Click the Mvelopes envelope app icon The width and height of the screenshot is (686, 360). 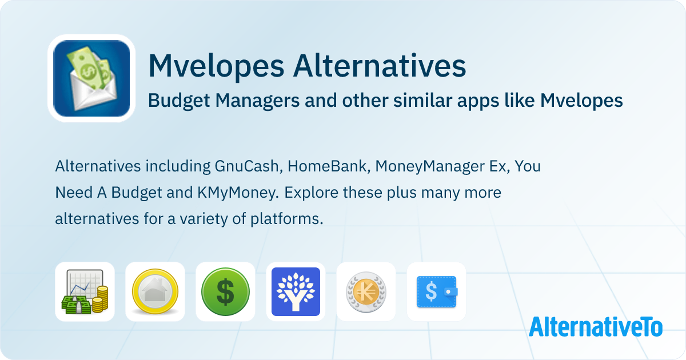pos(91,78)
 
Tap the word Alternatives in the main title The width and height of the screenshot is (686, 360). pos(380,66)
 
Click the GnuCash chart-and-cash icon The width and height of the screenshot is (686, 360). pos(85,291)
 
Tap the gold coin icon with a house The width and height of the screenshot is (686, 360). pos(155,291)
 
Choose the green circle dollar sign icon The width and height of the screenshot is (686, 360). pos(225,291)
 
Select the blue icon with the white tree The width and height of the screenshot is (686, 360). pos(296,291)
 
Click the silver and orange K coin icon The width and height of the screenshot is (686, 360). pos(366,292)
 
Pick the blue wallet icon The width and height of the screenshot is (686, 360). pos(437,292)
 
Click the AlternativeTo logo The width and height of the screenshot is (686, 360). pos(596,327)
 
